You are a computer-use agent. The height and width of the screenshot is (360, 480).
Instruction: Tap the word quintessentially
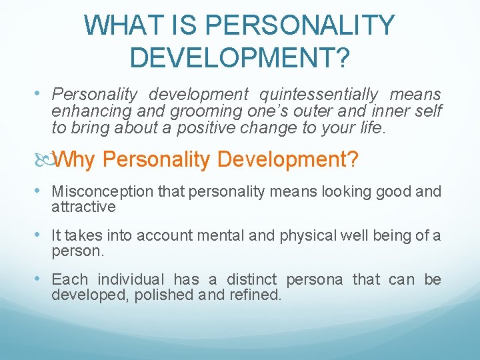click(x=319, y=95)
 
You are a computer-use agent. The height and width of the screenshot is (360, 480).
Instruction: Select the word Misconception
click(x=104, y=192)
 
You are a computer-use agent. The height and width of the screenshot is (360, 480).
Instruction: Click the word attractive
click(x=83, y=207)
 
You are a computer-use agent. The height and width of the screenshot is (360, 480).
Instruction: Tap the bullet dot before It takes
click(x=43, y=235)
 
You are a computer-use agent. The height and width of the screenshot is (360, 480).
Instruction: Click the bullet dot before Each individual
click(x=43, y=279)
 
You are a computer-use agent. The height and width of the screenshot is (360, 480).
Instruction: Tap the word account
click(x=177, y=235)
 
